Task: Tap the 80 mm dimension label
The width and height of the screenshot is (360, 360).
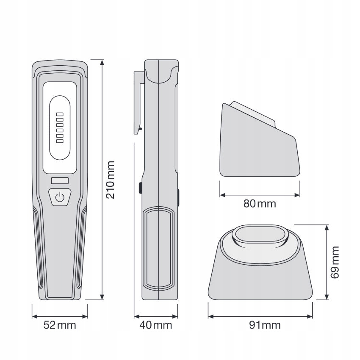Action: coord(260,204)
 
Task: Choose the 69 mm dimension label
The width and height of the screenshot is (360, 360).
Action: coord(335,262)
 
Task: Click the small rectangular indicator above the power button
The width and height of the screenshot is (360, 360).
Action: coord(60,181)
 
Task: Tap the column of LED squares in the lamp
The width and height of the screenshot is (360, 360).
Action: coord(60,127)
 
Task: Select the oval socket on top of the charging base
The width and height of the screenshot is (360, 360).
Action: coord(260,235)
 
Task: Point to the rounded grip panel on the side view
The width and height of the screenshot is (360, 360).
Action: coord(158,248)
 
